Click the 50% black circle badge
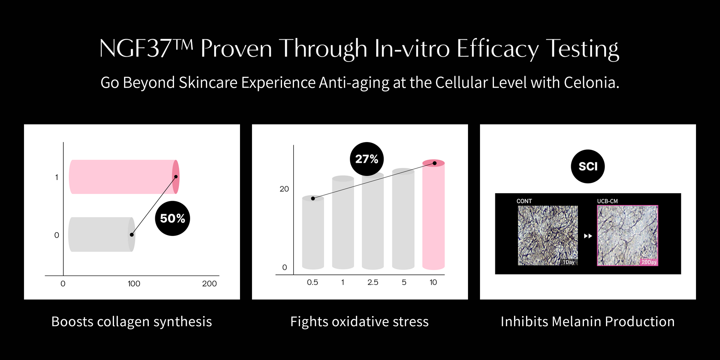click(172, 218)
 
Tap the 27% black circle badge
click(367, 159)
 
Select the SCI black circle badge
click(588, 166)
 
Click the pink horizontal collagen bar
click(124, 177)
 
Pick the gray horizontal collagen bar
click(102, 234)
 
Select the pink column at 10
click(433, 214)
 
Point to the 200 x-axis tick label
click(209, 283)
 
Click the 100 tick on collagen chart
click(134, 283)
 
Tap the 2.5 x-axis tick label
click(373, 282)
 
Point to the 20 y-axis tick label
click(284, 189)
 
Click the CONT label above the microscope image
click(524, 201)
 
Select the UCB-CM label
click(607, 201)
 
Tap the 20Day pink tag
click(649, 262)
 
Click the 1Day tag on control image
click(569, 262)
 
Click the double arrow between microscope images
click(588, 236)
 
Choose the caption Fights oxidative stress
click(359, 321)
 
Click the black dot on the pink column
click(435, 163)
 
